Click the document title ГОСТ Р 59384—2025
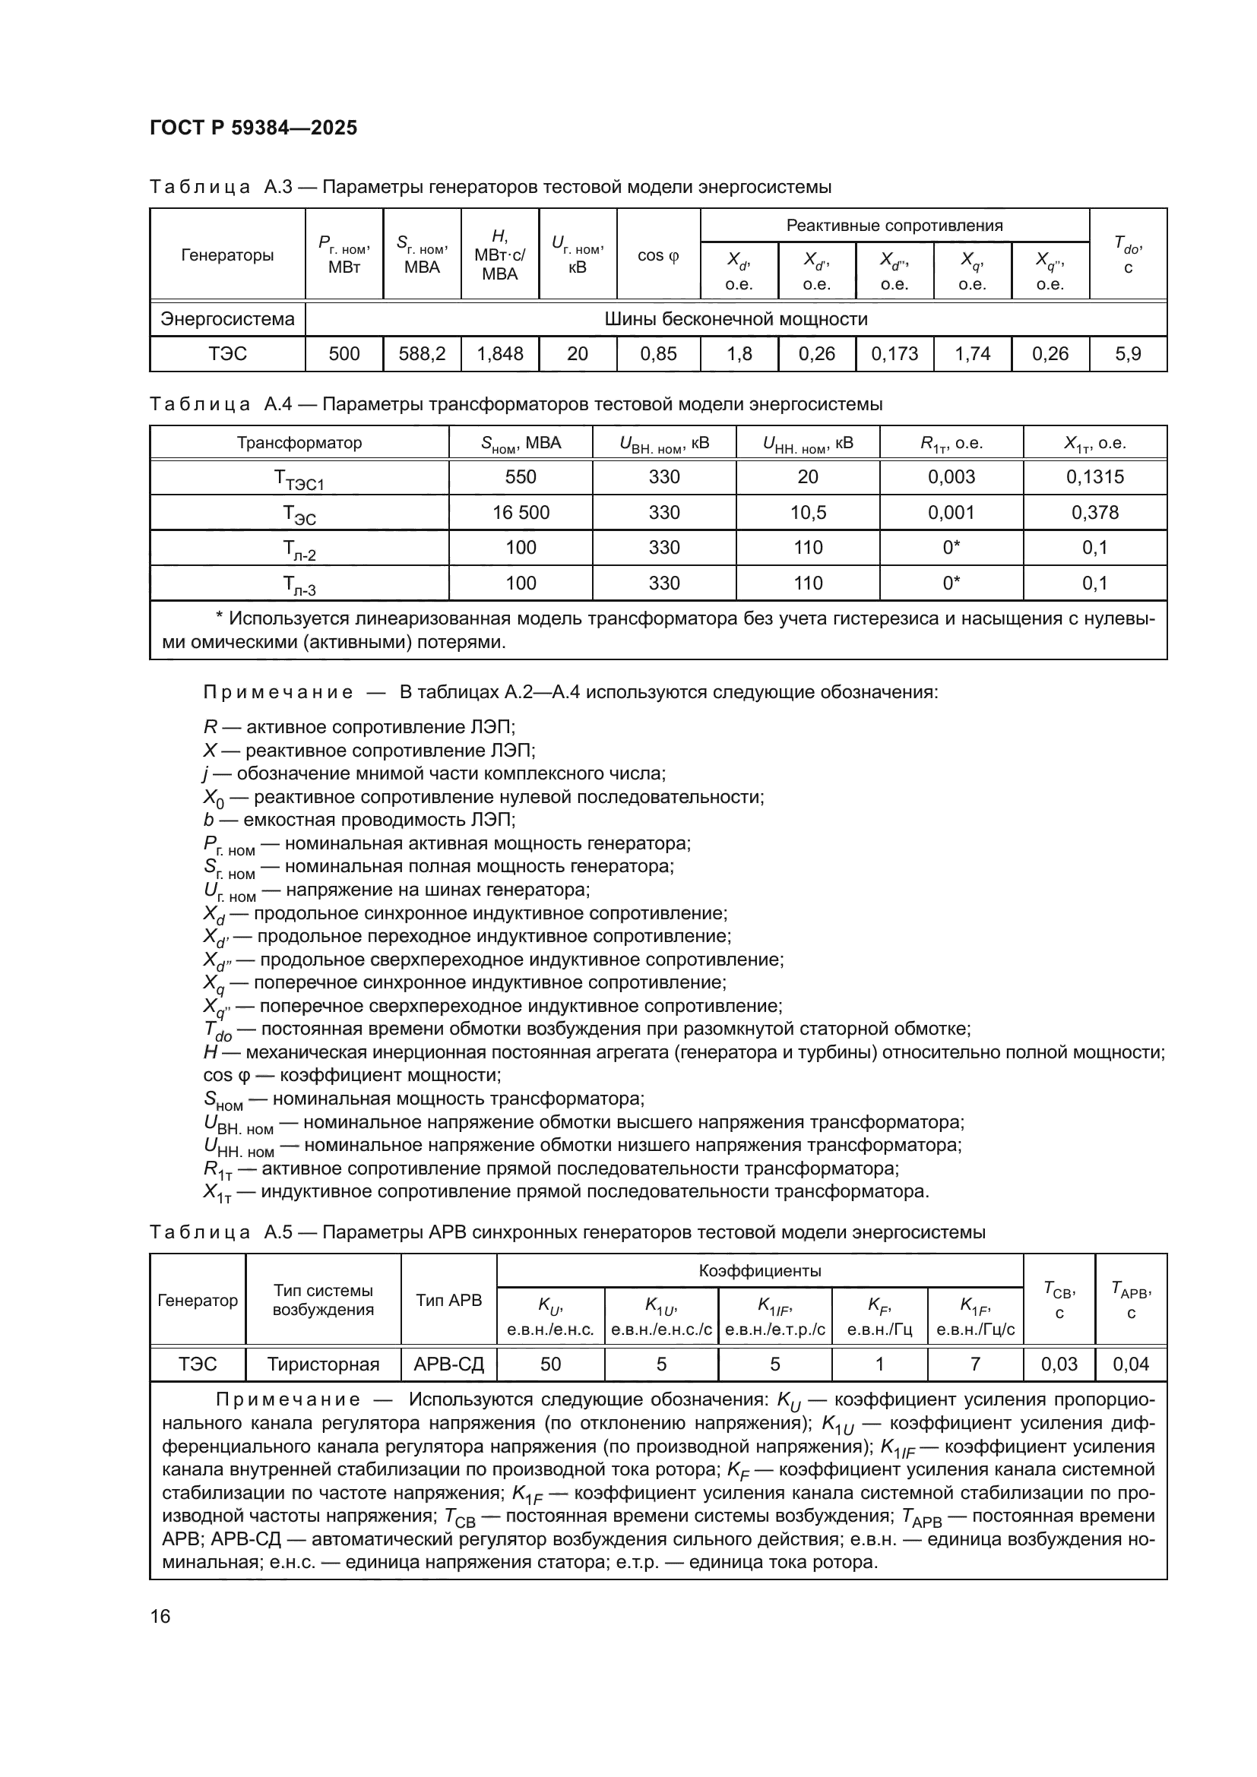(253, 128)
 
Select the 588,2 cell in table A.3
(422, 354)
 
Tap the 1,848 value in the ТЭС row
(499, 354)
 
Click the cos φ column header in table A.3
(658, 255)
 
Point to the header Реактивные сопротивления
(894, 225)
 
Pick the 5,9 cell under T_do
(1128, 354)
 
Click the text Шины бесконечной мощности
(736, 319)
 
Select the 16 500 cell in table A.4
(520, 512)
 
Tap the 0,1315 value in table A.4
(1094, 477)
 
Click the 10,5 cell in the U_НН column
(807, 512)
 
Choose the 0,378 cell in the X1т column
(1094, 512)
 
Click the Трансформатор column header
(299, 443)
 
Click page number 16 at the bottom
(160, 1616)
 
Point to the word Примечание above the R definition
(278, 692)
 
